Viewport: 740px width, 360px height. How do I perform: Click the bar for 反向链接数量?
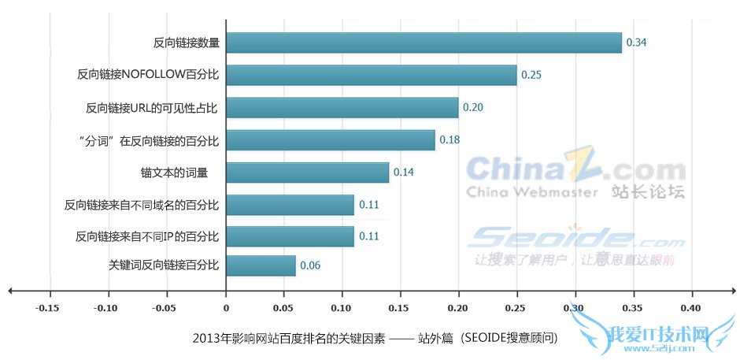(424, 43)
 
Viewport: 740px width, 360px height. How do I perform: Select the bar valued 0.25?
(371, 75)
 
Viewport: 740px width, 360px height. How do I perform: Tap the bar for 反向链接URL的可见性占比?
(342, 107)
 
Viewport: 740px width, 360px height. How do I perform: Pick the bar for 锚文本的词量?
(307, 172)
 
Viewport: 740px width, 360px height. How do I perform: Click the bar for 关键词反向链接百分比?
(261, 265)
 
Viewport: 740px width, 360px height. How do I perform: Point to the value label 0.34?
(636, 43)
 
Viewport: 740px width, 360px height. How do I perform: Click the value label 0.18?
(450, 139)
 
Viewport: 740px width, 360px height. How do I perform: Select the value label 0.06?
(310, 265)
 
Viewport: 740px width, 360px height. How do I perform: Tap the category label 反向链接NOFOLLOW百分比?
(148, 75)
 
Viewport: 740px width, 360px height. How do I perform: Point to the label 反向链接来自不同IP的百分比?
(147, 236)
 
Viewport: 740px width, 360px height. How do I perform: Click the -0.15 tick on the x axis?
(49, 306)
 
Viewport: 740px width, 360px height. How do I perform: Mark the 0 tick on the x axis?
(225, 306)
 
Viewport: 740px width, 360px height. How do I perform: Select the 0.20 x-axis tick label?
(458, 306)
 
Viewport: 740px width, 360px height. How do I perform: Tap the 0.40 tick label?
(691, 306)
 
